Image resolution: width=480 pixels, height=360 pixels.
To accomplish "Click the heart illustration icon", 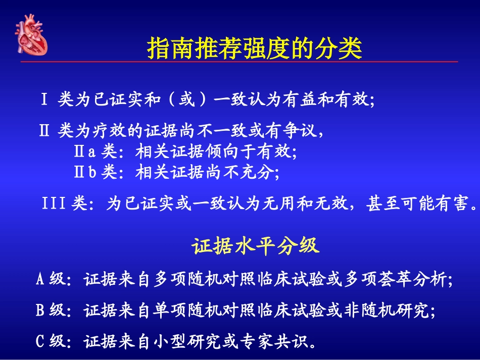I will tap(31, 35).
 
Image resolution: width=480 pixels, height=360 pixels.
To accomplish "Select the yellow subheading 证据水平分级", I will tap(255, 246).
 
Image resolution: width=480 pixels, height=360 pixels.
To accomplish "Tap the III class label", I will tap(55, 204).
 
